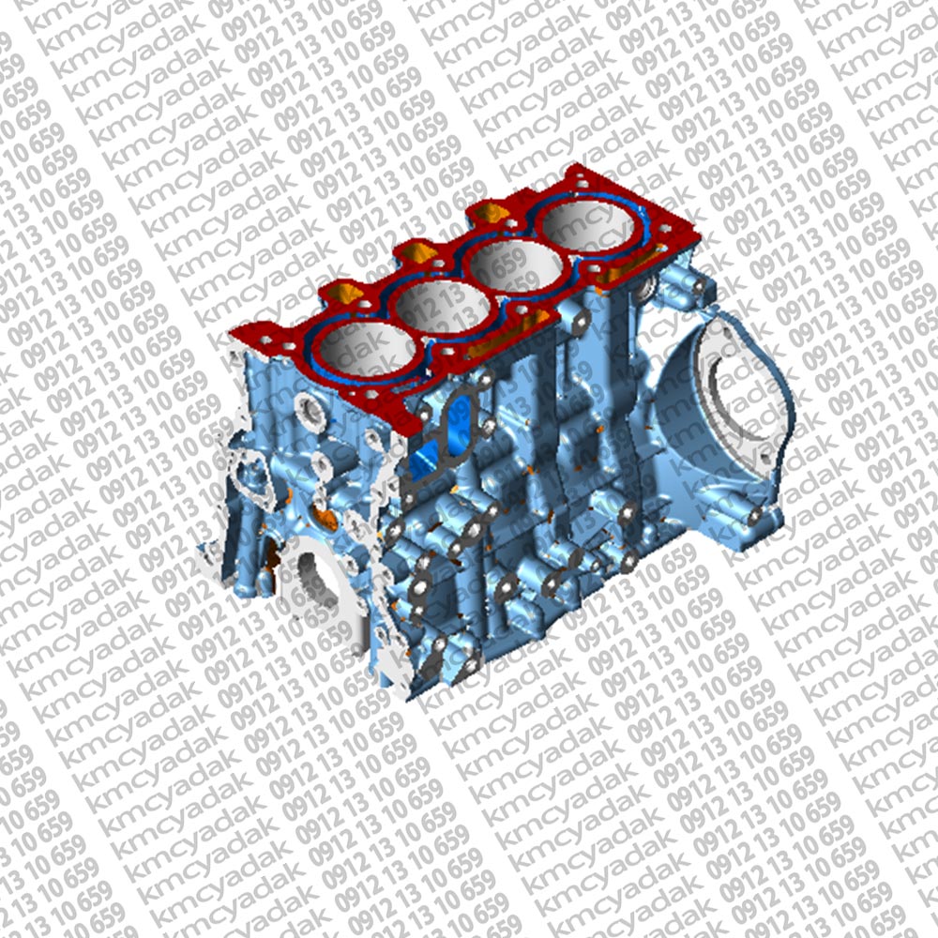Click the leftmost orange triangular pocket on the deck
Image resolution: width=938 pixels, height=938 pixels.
pos(346,293)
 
